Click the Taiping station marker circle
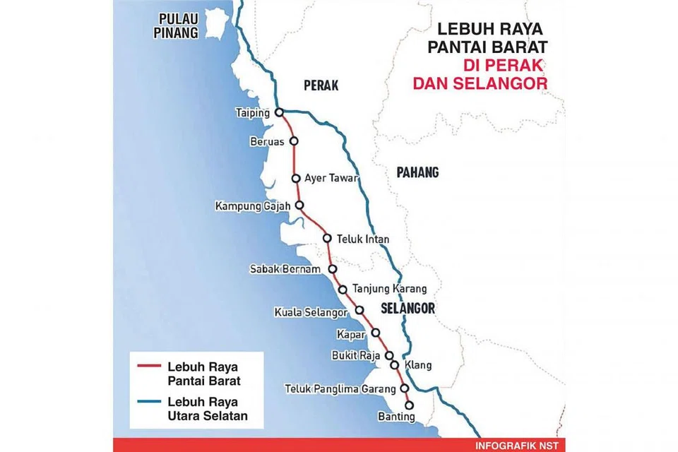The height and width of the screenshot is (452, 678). click(279, 112)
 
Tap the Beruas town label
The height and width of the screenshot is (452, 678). click(267, 141)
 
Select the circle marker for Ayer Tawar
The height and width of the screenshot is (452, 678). click(297, 178)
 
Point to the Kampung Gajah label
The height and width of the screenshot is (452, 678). click(254, 206)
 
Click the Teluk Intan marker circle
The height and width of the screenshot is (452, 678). click(327, 238)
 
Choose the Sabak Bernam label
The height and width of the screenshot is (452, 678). click(285, 269)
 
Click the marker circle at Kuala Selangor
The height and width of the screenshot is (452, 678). click(359, 310)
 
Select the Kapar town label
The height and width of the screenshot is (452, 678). click(350, 333)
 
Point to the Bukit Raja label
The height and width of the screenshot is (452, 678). click(357, 355)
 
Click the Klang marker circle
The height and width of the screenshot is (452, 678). click(394, 365)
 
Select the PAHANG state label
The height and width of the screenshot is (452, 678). click(417, 172)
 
